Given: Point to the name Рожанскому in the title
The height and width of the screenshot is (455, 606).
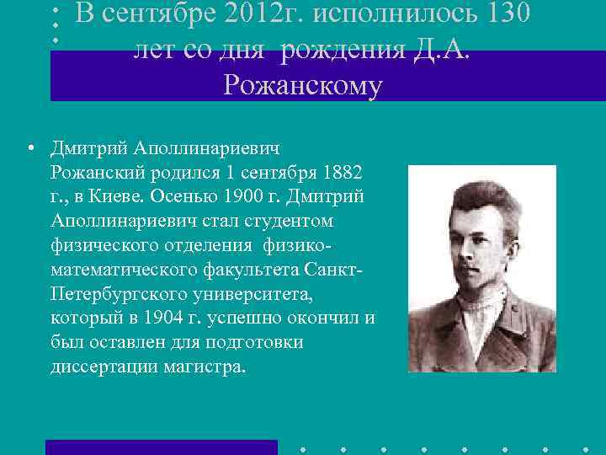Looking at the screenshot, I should pyautogui.click(x=303, y=85).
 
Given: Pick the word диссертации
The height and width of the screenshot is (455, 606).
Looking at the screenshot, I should pyautogui.click(x=97, y=368).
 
